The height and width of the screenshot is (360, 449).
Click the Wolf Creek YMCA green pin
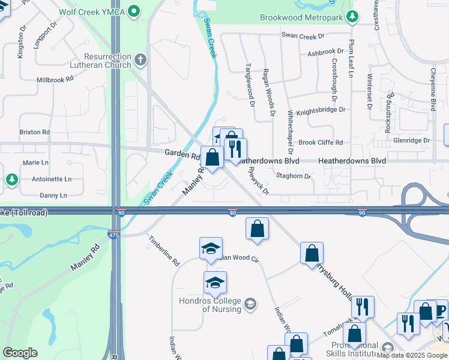click(135, 11)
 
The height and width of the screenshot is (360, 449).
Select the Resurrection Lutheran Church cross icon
click(140, 59)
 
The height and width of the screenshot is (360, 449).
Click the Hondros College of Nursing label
click(209, 305)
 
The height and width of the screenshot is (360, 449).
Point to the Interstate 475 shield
click(114, 235)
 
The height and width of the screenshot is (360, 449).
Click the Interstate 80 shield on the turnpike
click(233, 213)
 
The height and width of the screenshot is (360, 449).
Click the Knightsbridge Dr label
click(321, 110)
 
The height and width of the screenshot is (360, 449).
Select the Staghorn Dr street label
click(294, 176)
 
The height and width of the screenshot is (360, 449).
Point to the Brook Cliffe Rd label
click(321, 143)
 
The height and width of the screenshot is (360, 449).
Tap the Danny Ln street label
click(53, 196)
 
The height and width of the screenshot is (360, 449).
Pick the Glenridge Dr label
click(409, 140)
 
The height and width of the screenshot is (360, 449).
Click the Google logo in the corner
click(20, 353)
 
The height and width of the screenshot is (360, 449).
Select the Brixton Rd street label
click(34, 132)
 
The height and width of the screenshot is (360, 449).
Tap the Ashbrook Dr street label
click(326, 53)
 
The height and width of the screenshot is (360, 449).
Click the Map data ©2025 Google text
click(412, 356)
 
